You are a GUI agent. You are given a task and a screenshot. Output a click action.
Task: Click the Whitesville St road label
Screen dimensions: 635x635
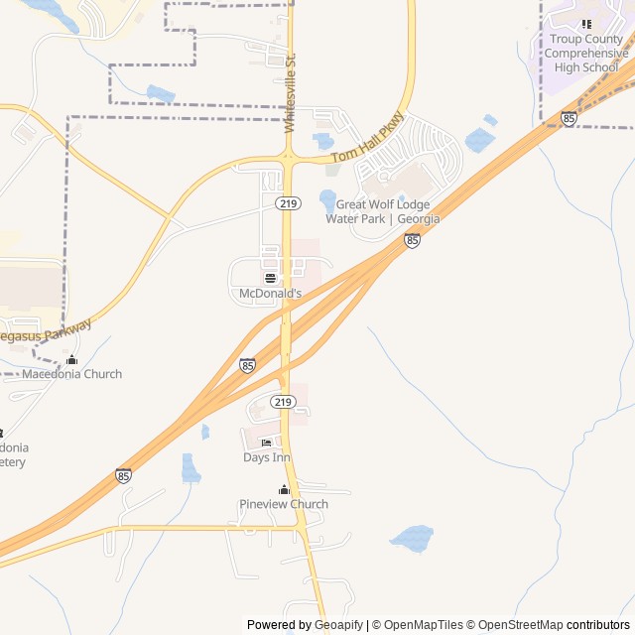click(x=291, y=93)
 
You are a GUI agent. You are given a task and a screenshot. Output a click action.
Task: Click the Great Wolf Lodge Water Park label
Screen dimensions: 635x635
click(x=387, y=211)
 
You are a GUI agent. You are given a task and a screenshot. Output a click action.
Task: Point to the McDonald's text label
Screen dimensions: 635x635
click(x=270, y=294)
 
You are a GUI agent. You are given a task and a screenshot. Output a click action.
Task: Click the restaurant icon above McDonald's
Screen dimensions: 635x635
click(x=270, y=278)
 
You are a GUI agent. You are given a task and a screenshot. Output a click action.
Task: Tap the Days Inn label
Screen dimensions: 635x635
click(x=266, y=457)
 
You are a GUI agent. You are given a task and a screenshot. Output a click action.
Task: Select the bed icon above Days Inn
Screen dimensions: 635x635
click(x=266, y=443)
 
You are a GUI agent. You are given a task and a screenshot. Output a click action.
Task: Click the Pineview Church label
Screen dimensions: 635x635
click(x=284, y=504)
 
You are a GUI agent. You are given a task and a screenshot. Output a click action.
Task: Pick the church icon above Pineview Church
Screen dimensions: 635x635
click(x=284, y=489)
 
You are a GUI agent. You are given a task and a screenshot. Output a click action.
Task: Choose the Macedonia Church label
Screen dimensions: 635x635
click(x=71, y=374)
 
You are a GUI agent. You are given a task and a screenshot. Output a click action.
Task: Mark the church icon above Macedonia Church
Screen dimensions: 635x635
click(x=71, y=359)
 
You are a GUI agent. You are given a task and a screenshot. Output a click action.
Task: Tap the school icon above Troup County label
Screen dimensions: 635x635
click(x=586, y=24)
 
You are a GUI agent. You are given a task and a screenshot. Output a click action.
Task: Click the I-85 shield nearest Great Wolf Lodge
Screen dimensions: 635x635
click(x=412, y=240)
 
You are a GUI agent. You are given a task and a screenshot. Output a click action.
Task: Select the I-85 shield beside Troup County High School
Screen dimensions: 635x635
click(x=569, y=118)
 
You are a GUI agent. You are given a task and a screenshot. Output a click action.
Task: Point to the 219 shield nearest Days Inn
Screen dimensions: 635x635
click(x=283, y=402)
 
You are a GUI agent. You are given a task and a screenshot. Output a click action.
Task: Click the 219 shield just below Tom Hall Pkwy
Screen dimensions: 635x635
click(x=289, y=203)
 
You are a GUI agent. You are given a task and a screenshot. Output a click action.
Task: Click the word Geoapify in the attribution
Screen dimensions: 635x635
click(x=339, y=625)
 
